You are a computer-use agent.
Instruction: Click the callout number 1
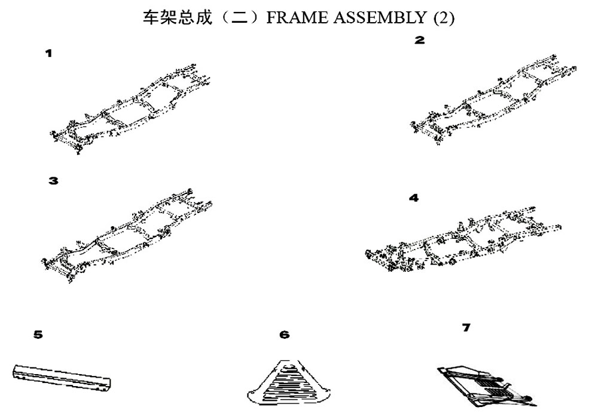point(49,53)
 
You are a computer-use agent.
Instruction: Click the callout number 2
point(420,41)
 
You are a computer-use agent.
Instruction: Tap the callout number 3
point(54,180)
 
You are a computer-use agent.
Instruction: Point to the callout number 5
point(38,335)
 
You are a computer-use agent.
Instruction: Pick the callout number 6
point(285,335)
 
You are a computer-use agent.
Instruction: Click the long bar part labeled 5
point(63,377)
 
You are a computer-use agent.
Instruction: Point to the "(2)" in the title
point(443,18)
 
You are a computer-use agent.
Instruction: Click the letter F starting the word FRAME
point(270,18)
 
